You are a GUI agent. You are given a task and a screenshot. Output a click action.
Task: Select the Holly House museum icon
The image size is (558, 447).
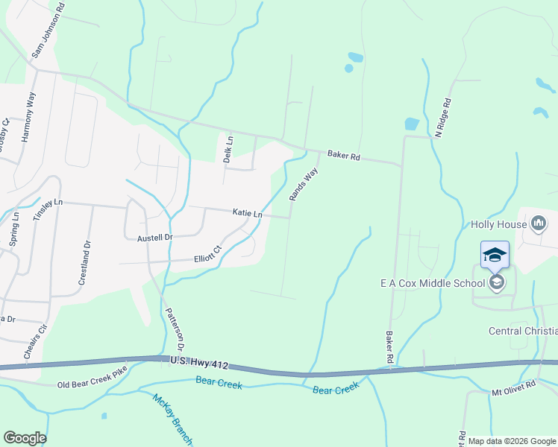(x=539, y=223)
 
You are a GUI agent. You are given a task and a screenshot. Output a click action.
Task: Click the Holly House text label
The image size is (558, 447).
(x=498, y=223)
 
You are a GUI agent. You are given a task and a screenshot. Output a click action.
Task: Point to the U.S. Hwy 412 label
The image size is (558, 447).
(x=197, y=363)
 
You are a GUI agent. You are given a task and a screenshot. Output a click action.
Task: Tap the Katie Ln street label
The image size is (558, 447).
(x=247, y=214)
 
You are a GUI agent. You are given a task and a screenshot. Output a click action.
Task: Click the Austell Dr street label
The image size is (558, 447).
(x=155, y=238)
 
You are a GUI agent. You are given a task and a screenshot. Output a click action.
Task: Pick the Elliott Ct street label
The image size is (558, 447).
(x=207, y=255)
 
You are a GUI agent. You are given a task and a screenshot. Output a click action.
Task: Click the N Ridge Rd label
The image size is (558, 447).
(x=444, y=117)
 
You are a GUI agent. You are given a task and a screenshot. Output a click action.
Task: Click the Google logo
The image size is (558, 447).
(x=25, y=438)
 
